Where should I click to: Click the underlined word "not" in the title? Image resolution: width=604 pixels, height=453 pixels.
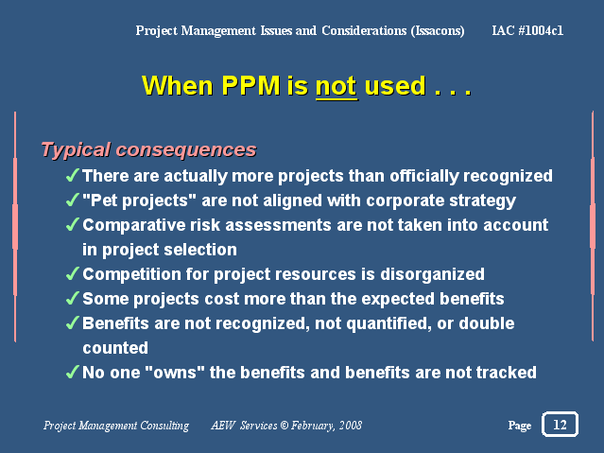(337, 86)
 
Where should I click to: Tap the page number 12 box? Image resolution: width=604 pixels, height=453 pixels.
(560, 425)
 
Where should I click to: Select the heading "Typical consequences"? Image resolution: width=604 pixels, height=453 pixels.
(148, 150)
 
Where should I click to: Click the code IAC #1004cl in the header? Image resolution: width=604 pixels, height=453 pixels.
(527, 30)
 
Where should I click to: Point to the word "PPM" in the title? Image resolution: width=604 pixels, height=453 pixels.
(250, 85)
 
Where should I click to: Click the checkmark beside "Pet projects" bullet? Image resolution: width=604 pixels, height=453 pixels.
(73, 200)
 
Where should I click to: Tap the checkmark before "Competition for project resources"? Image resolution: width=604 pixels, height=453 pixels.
(73, 273)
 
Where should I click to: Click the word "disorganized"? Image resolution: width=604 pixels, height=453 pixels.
(432, 274)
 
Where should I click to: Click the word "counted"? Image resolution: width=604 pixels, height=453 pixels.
(115, 348)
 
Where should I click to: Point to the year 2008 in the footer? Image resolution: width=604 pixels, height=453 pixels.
(350, 426)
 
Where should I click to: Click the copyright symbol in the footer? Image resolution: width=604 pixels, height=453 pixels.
(285, 426)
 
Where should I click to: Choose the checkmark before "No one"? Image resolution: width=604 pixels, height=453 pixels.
(73, 372)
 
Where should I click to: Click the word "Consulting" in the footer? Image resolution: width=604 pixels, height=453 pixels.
(164, 426)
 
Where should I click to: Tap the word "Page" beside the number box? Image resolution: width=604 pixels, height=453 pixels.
(520, 426)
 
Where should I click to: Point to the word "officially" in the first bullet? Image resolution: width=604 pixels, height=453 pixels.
(424, 176)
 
